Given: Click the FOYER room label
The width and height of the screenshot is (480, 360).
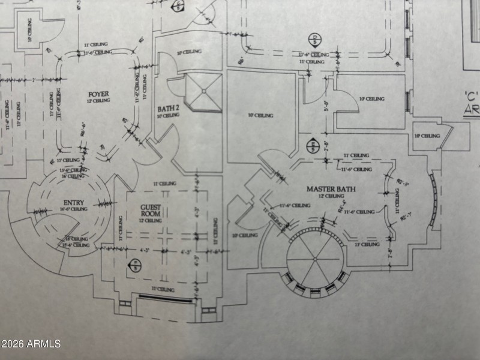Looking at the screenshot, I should (98, 94).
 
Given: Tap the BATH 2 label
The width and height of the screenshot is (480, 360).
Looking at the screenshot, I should (169, 109).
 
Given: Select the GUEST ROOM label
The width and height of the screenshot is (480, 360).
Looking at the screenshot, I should (150, 210).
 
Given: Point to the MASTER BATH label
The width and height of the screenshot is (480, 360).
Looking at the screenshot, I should (331, 189).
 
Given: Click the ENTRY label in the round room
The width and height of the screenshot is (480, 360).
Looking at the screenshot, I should (73, 203).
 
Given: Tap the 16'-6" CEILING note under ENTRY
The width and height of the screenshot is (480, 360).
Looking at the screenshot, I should (73, 209).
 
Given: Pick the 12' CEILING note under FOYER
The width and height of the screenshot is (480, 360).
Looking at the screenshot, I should (98, 101).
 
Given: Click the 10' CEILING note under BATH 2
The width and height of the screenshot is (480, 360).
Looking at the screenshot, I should (169, 115).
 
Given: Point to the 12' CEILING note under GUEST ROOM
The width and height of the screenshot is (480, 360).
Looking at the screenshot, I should (150, 221).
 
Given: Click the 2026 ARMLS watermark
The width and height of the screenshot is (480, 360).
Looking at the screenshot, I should (31, 344).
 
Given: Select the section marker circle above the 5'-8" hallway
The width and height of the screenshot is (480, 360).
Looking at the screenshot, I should (313, 41).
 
